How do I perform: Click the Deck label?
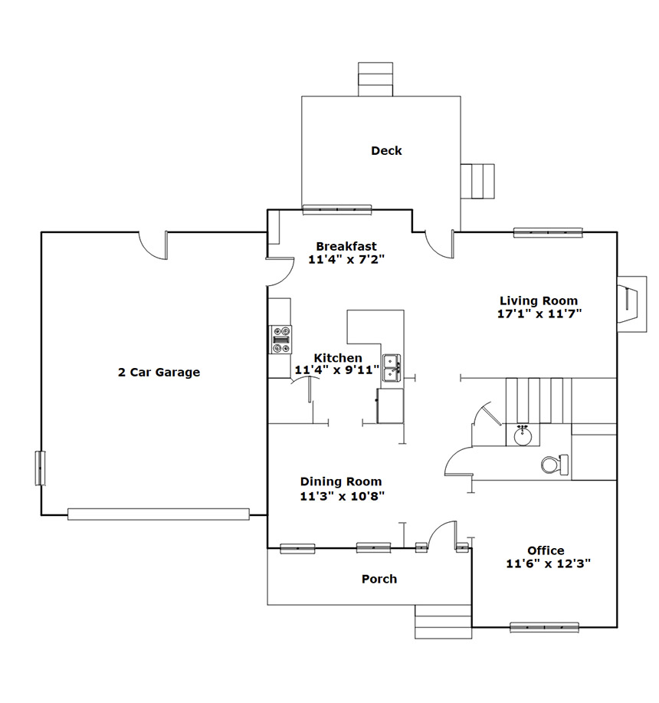(386, 150)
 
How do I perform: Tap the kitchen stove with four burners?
(281, 340)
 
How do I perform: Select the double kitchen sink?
(392, 368)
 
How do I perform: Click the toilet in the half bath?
(555, 465)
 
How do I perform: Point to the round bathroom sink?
(523, 435)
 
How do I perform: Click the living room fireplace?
(631, 304)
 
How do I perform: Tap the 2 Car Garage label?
(159, 372)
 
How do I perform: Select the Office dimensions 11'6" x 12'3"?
(549, 563)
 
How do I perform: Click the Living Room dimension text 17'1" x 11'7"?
(539, 314)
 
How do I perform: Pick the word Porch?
(379, 579)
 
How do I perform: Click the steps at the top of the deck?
(375, 80)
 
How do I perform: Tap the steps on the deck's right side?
(477, 181)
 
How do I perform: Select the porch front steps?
(443, 622)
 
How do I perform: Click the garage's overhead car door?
(158, 514)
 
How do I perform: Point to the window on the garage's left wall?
(41, 468)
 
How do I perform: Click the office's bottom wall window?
(544, 627)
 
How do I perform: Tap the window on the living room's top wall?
(548, 233)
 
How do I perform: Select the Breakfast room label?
(346, 246)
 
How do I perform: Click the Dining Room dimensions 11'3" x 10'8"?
(343, 496)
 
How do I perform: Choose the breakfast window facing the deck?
(337, 209)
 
